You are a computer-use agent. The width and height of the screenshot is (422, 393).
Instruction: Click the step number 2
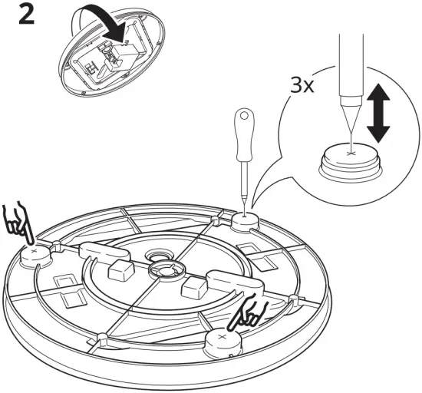25,17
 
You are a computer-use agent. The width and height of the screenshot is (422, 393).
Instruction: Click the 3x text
301,85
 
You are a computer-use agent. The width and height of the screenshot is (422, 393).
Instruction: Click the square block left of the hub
121,269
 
